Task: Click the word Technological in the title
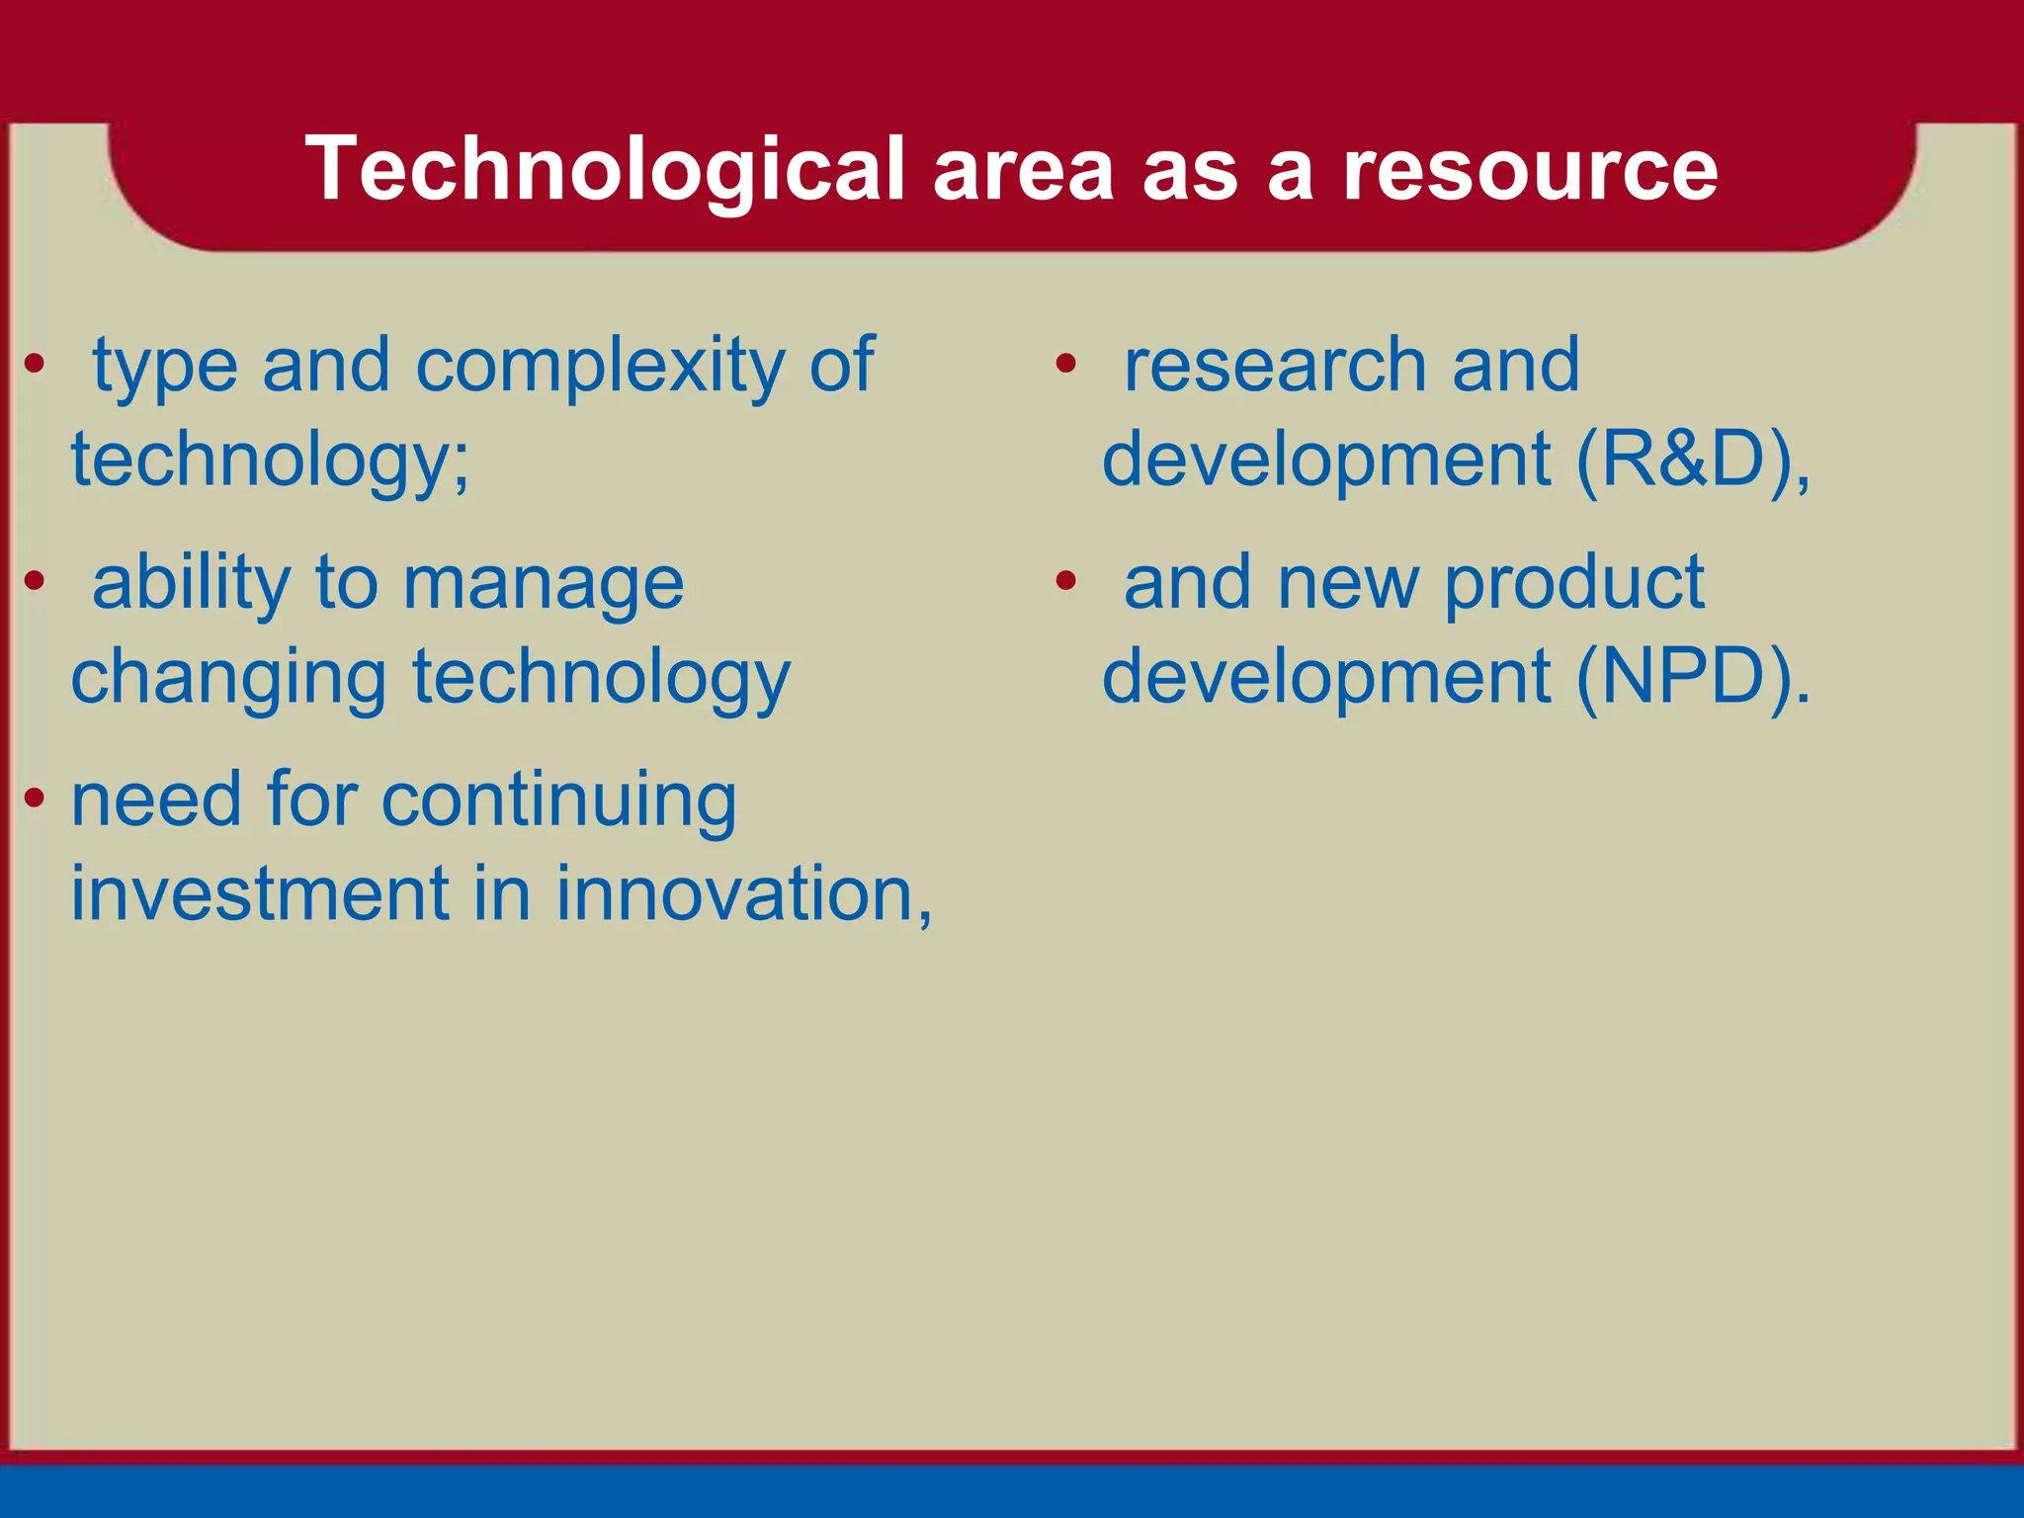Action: click(605, 170)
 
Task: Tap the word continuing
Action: click(558, 801)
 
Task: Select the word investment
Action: click(260, 893)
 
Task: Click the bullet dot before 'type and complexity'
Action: click(35, 364)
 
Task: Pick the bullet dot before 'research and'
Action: click(1065, 364)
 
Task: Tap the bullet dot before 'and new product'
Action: click(1065, 581)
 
